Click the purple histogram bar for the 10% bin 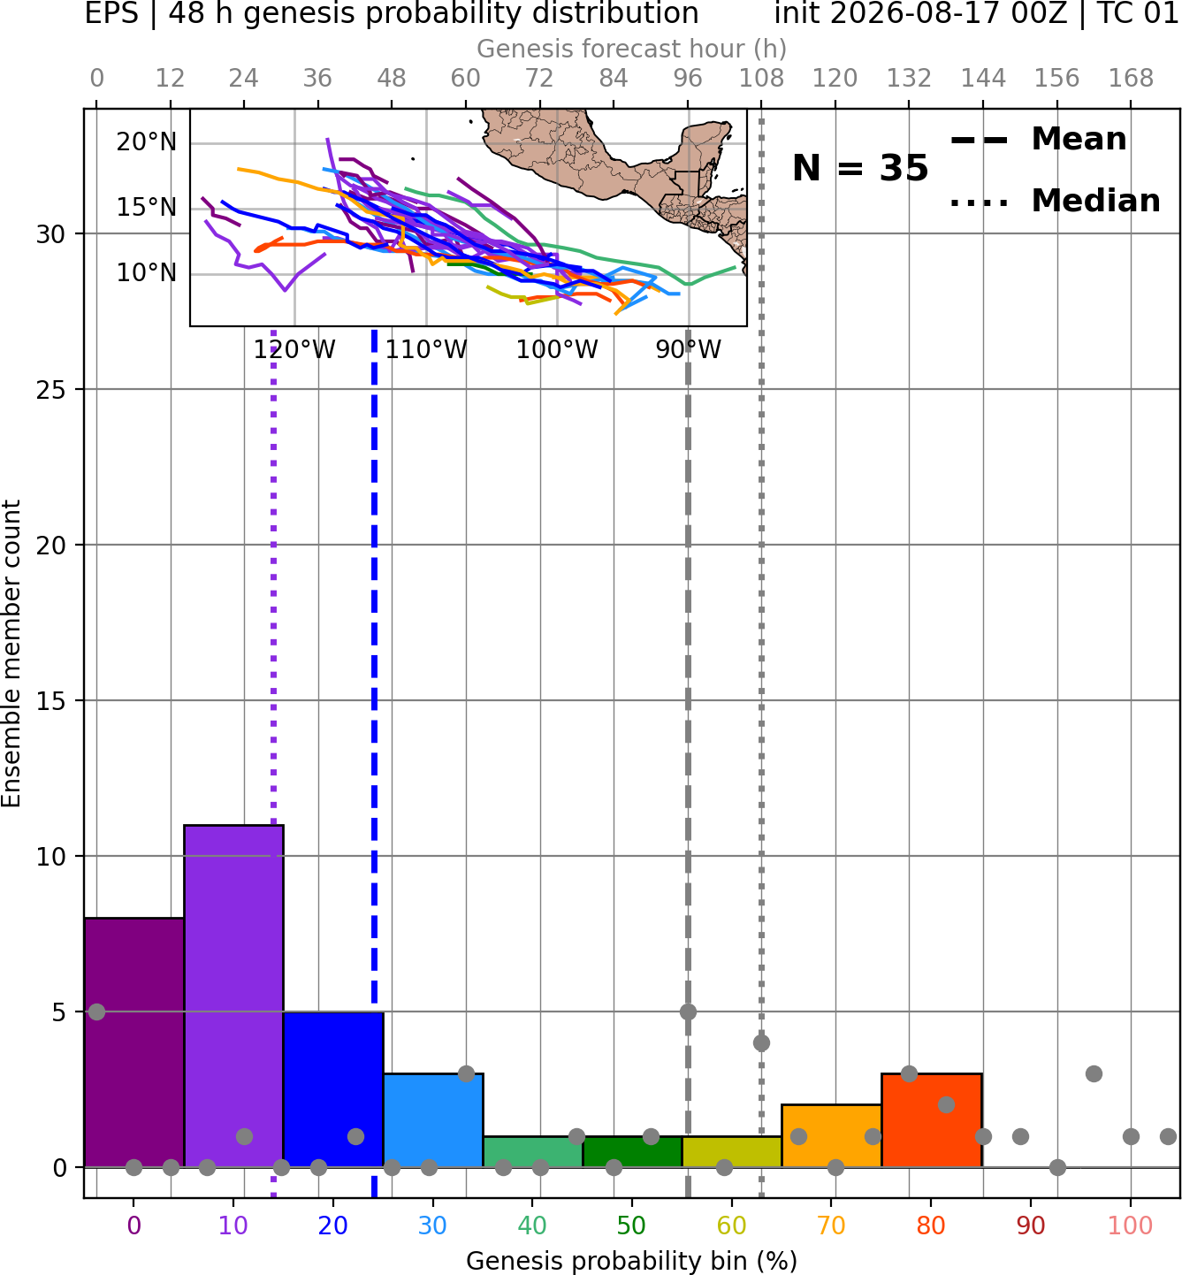click(233, 996)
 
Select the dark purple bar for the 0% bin click(134, 1042)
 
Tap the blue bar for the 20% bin click(333, 1089)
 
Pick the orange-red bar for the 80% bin click(932, 1120)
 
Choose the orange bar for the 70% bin click(831, 1136)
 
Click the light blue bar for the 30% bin click(433, 1120)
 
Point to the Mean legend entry click(1038, 140)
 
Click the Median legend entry click(1055, 201)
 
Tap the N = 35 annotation click(860, 168)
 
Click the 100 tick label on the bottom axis click(1131, 1225)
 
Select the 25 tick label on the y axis click(51, 390)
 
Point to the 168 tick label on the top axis click(1131, 79)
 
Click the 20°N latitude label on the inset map click(147, 141)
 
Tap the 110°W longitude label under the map click(426, 350)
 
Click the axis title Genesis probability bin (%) click(632, 1261)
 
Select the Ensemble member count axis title click(11, 653)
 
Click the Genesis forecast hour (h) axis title click(632, 49)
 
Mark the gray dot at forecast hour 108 click(761, 1043)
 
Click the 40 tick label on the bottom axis click(532, 1225)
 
